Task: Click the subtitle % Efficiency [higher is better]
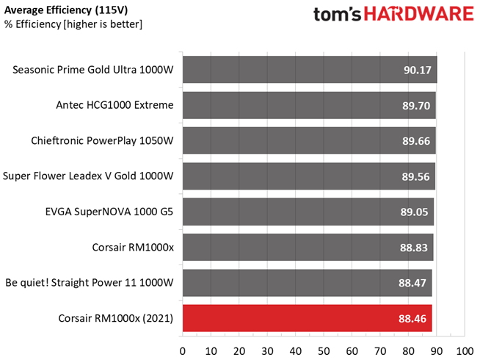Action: coord(73,24)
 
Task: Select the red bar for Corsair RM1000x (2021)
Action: coord(307,319)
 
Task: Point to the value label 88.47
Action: coord(413,283)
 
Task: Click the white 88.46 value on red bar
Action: coord(413,319)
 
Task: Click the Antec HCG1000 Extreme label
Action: coord(114,105)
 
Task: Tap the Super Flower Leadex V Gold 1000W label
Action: coord(88,176)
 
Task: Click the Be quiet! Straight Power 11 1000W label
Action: coord(89,283)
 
